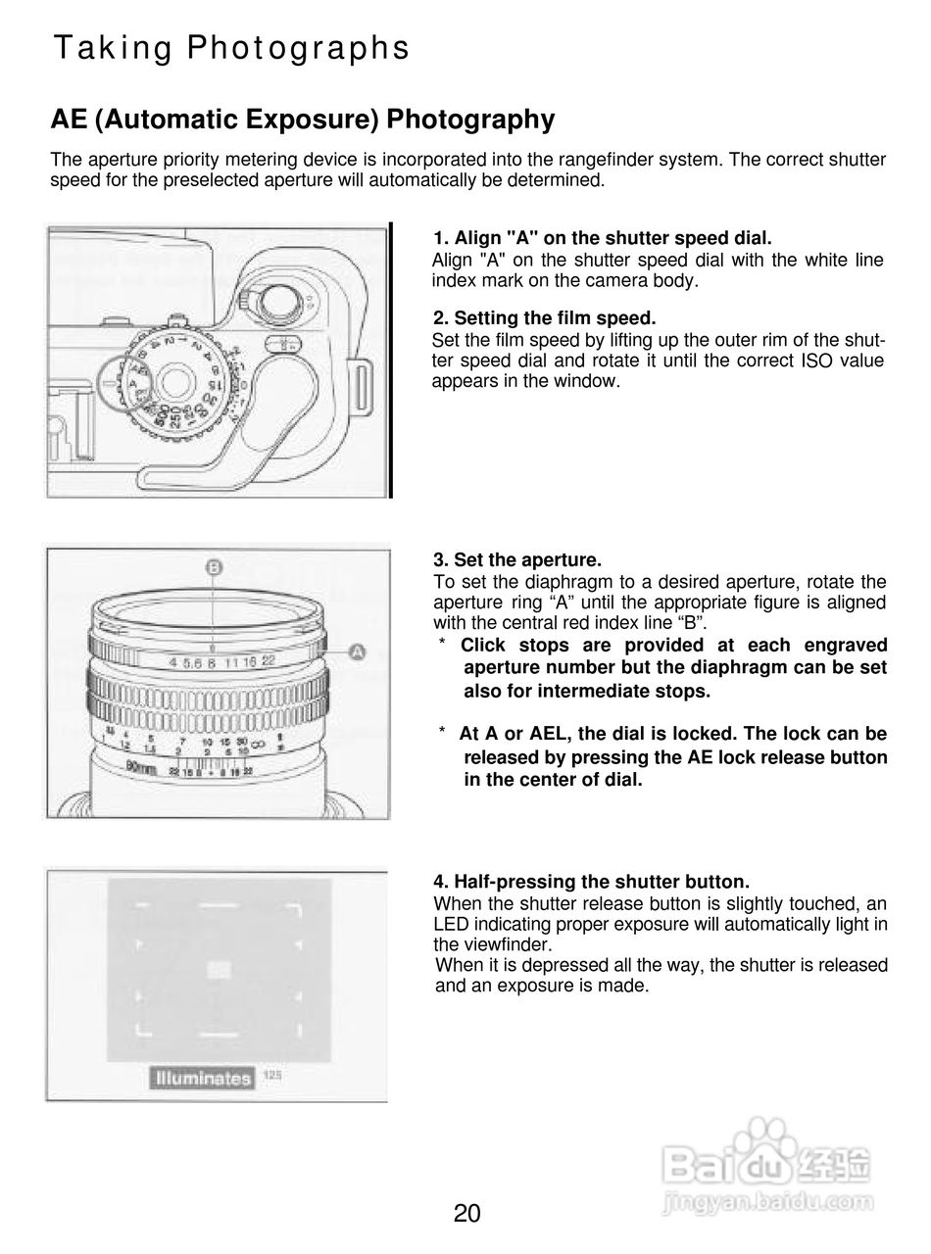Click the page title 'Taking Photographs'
(231, 48)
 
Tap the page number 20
(466, 1214)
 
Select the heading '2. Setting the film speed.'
(544, 318)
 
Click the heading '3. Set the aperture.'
(516, 560)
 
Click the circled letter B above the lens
(214, 567)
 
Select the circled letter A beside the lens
(357, 651)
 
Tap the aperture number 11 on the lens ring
(231, 662)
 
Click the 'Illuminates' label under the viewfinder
(202, 1079)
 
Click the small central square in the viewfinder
(219, 970)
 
